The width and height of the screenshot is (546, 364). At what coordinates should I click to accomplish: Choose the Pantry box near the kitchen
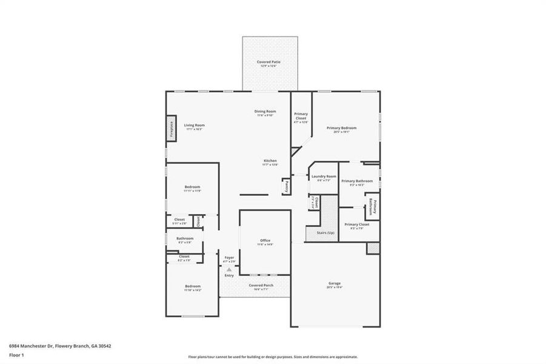coord(285,187)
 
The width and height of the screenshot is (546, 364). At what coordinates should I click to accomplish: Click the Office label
coord(265,242)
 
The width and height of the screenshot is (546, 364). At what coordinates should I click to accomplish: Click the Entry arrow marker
coord(229,269)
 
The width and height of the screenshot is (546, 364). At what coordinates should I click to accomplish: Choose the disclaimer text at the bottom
coord(273,357)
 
